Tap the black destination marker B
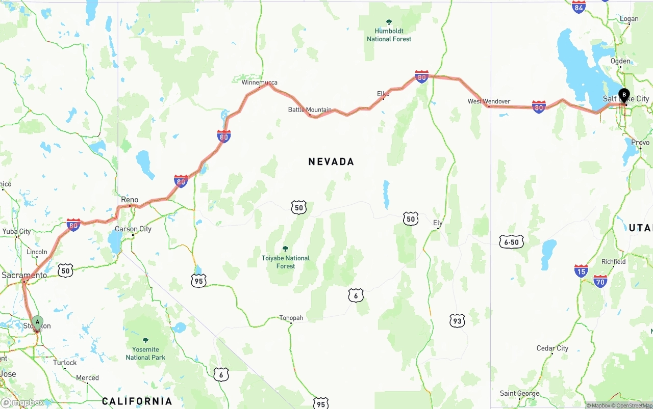coord(624,95)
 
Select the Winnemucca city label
coord(260,83)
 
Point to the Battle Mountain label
coord(310,110)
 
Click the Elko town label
coord(383,94)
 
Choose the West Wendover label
coord(489,101)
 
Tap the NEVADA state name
coord(331,161)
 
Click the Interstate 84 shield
coord(579,7)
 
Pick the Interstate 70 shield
coord(600,281)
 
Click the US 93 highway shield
coord(457,320)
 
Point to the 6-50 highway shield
coord(511,242)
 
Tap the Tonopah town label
coord(291,318)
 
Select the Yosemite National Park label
coord(145,353)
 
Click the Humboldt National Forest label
coord(389,35)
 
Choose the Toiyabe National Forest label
coord(286,262)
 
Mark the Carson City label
coord(133,229)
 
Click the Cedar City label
coord(552,348)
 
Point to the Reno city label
coord(130,200)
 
